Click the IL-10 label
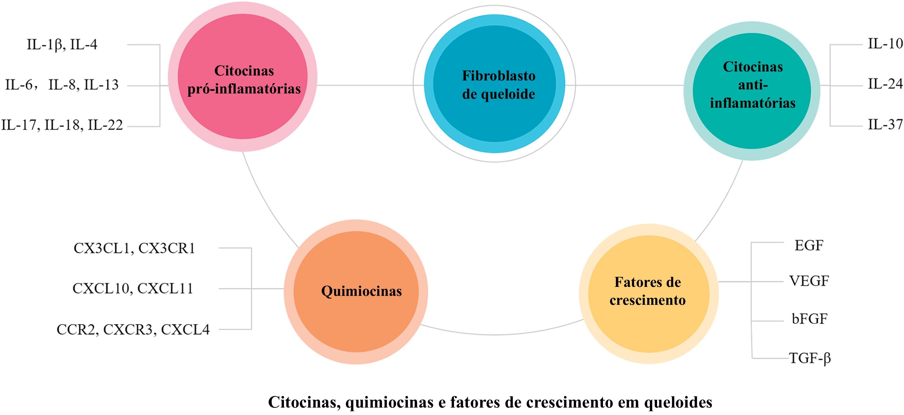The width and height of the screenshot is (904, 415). tap(885, 44)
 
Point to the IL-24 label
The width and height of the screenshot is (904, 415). tap(885, 84)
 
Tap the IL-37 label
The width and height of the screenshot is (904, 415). tap(885, 124)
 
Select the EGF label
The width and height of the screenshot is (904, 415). tap(809, 246)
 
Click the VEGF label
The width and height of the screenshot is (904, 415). tap(809, 281)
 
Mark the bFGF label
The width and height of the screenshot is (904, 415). tap(809, 319)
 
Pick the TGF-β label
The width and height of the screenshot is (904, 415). tap(810, 358)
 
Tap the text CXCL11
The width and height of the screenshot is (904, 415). tap(165, 289)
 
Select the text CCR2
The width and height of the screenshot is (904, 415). tap(77, 330)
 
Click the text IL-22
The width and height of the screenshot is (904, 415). tap(105, 125)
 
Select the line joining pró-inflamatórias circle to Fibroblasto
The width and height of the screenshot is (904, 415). tap(365, 85)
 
